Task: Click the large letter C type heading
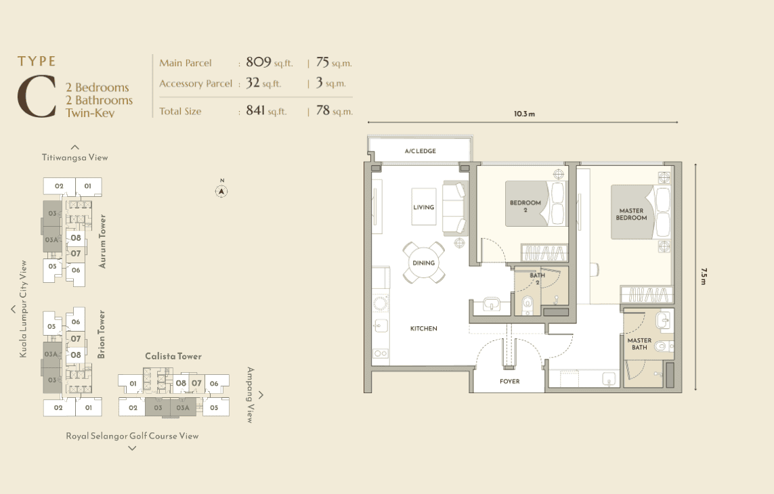(37, 96)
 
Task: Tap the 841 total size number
(255, 110)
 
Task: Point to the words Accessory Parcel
(196, 83)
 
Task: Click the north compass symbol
(221, 191)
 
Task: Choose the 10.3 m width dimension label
(524, 114)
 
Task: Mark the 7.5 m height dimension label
(704, 276)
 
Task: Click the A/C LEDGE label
(420, 151)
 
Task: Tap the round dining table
(423, 263)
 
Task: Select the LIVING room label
(423, 207)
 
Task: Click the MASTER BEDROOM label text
(631, 215)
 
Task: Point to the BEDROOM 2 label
(525, 206)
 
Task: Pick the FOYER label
(509, 381)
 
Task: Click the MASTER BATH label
(639, 344)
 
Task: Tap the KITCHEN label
(423, 328)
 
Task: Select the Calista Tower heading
(173, 357)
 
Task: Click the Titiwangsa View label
(74, 158)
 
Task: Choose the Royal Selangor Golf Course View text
(132, 436)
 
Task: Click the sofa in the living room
(454, 208)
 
